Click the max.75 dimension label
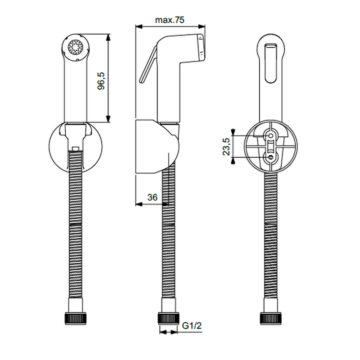(x=170, y=20)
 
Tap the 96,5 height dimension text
(x=101, y=81)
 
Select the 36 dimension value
(x=153, y=197)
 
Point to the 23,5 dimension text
(x=226, y=147)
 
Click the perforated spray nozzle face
(x=75, y=47)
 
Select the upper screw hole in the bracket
(x=271, y=136)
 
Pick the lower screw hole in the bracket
(x=271, y=157)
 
